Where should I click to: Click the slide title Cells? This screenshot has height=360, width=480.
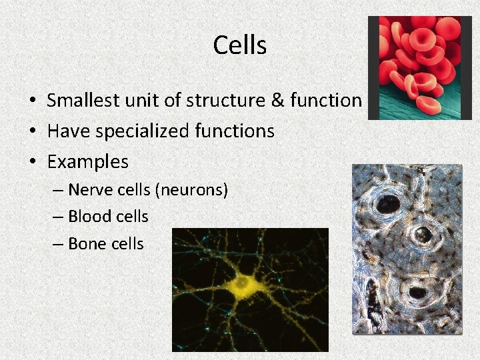pos(240,45)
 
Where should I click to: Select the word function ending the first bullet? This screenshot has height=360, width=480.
pos(328,101)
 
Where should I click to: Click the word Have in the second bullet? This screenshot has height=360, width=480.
pos(68,131)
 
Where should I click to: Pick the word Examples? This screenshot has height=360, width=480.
pos(87,162)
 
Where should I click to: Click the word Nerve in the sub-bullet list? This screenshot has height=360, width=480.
pos(91,191)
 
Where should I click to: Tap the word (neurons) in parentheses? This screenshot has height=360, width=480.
pos(191,191)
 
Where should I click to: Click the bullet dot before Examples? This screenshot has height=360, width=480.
pos(32,162)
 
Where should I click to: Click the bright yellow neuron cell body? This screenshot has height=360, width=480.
pos(243,286)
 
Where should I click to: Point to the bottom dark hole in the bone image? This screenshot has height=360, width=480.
pos(418,291)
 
